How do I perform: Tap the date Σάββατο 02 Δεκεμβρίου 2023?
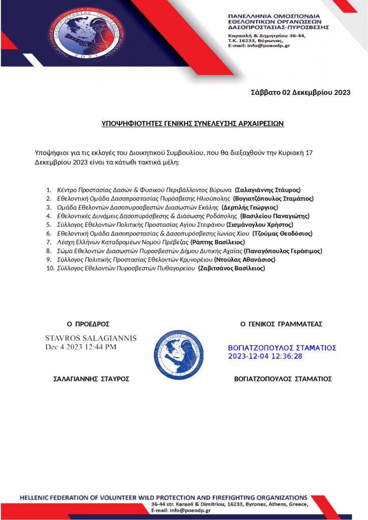(301, 92)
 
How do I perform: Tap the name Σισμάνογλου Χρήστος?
(260, 224)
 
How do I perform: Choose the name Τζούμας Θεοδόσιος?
(282, 233)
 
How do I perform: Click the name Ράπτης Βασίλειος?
(217, 242)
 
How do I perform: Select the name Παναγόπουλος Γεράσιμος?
(283, 251)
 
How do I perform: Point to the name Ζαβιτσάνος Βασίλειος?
(231, 268)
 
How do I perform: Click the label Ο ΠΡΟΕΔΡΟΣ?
(88, 324)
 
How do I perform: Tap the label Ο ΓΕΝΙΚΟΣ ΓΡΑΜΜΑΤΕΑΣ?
(281, 324)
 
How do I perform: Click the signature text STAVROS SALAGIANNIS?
(91, 338)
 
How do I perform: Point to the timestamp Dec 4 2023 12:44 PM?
(81, 347)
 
